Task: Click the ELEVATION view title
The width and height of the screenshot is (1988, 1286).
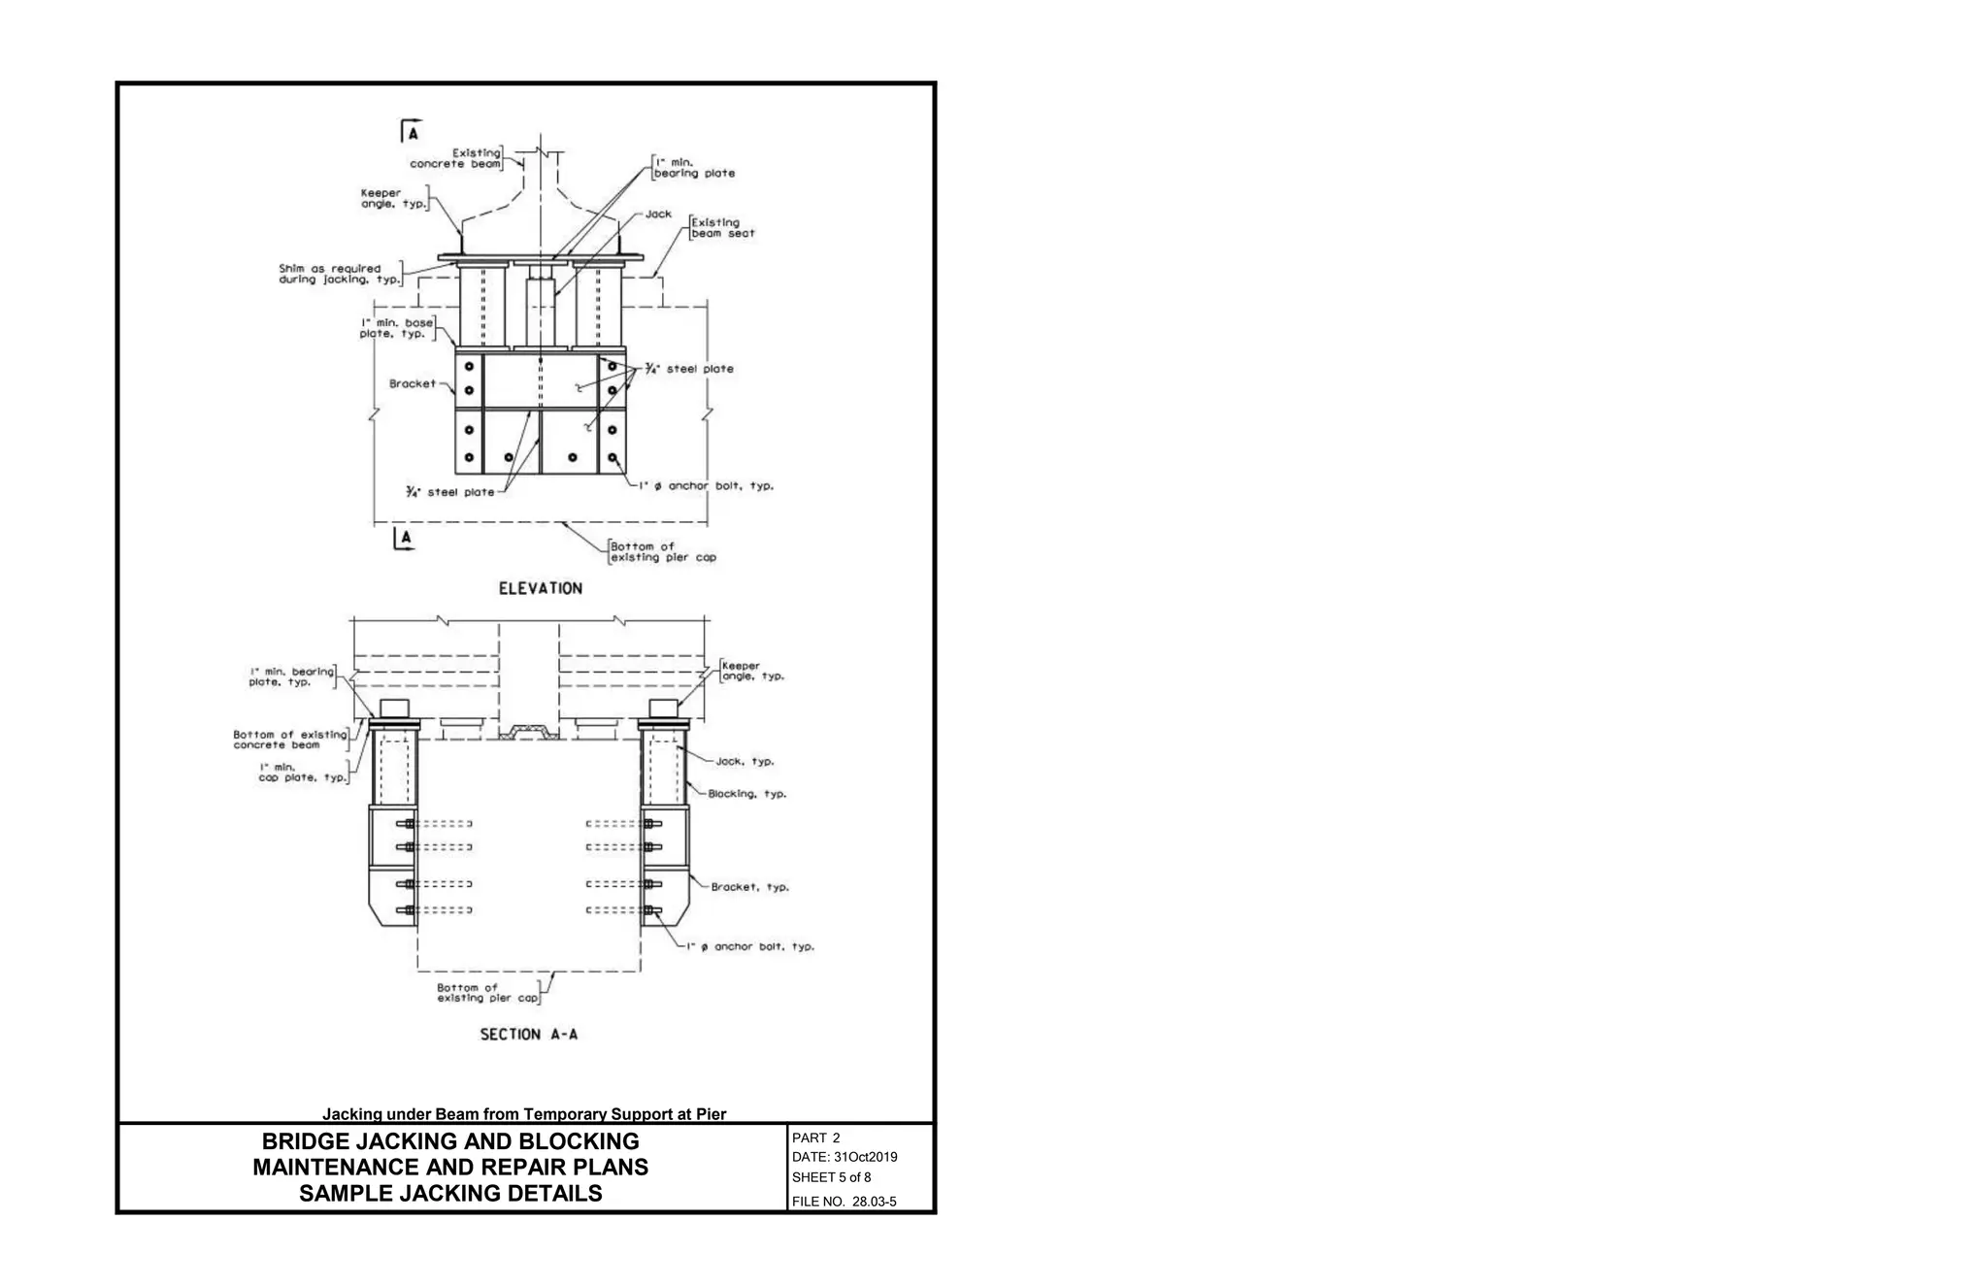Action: tap(540, 588)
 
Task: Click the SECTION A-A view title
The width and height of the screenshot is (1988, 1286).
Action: tap(528, 1035)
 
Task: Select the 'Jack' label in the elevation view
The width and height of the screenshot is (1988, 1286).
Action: tap(658, 214)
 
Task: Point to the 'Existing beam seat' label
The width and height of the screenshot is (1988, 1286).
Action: tap(722, 228)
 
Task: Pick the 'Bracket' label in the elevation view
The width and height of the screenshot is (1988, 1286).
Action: tap(413, 383)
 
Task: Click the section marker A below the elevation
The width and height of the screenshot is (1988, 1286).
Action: tap(406, 537)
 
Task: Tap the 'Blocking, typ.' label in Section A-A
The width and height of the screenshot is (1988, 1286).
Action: tap(746, 794)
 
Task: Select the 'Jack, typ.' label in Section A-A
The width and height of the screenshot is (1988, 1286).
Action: tap(745, 762)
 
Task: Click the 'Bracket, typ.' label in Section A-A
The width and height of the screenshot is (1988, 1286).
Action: tap(749, 887)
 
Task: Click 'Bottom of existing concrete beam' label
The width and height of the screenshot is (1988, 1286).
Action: tap(289, 740)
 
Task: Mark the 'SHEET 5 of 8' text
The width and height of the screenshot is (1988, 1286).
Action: tap(831, 1177)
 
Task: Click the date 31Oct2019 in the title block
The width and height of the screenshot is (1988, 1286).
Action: tap(845, 1157)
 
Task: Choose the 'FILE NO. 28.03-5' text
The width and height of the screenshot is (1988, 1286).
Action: tap(844, 1202)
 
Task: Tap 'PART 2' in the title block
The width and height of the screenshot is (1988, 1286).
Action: tap(815, 1138)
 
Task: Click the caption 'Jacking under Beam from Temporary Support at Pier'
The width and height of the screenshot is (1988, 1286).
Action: tap(523, 1114)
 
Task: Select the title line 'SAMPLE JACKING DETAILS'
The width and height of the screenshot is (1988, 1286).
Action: tap(450, 1194)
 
